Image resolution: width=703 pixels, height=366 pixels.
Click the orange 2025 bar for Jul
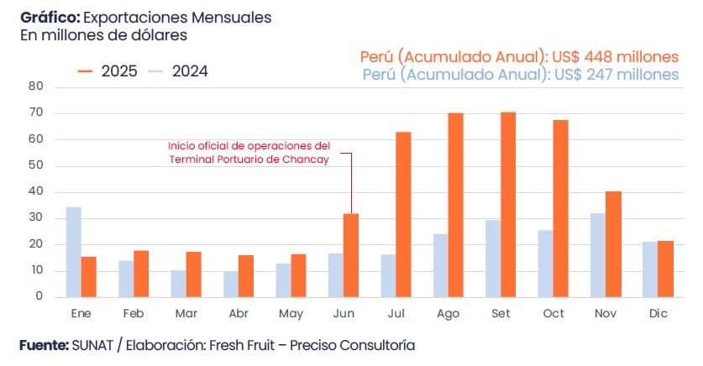click(403, 214)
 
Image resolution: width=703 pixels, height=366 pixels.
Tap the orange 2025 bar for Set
click(508, 204)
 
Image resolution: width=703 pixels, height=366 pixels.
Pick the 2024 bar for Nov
click(597, 254)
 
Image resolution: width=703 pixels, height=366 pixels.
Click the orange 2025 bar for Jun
click(351, 255)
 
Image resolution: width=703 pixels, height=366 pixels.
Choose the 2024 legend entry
click(178, 71)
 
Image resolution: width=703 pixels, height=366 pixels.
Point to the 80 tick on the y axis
click(35, 86)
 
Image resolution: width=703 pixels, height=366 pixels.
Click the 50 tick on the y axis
click(35, 165)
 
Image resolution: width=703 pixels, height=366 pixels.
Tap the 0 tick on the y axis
click(39, 296)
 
